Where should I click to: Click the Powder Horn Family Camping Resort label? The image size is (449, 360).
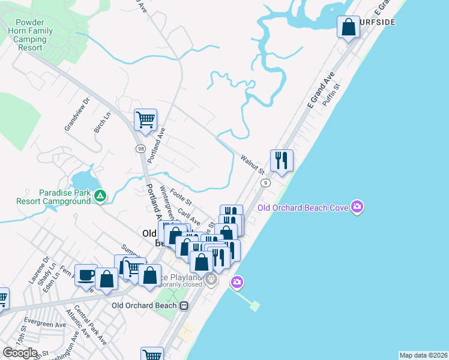[29, 35]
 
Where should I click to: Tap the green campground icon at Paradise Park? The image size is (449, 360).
[100, 195]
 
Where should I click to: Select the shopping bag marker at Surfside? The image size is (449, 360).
[348, 27]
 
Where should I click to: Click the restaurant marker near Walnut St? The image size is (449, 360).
[282, 160]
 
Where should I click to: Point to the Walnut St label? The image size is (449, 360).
[252, 162]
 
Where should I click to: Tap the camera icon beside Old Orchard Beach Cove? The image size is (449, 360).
[358, 208]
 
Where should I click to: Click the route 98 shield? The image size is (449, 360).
[140, 148]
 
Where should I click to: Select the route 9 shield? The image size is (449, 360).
[264, 182]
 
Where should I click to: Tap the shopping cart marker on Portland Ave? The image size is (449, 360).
[145, 120]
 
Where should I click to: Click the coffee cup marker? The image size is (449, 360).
[86, 275]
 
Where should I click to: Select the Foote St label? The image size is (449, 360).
[180, 196]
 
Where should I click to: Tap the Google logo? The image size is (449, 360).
[19, 353]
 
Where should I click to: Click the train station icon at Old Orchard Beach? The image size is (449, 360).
[184, 305]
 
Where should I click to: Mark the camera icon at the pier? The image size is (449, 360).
[237, 281]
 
